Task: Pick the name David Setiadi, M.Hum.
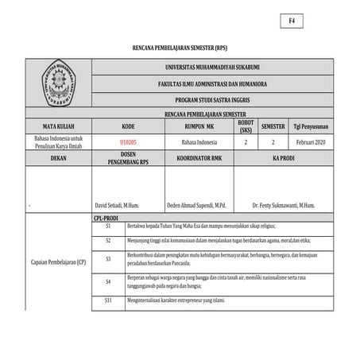tap(118, 205)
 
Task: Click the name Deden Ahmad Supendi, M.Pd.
tap(197, 205)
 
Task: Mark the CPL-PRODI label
tap(106, 216)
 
